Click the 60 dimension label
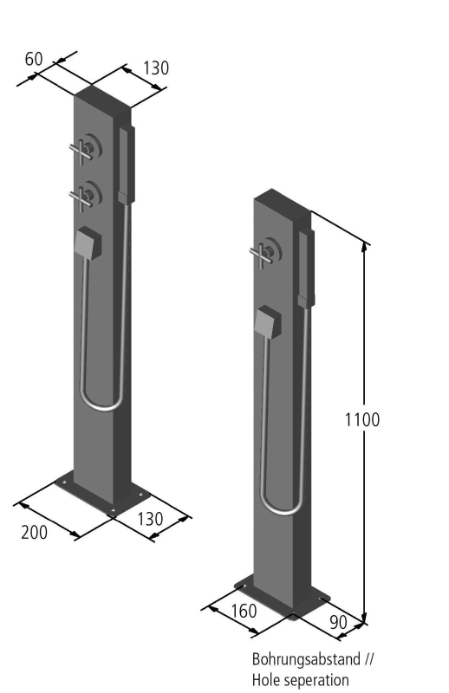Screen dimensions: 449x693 pyautogui.click(x=34, y=59)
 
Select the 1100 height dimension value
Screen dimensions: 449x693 pyautogui.click(x=361, y=419)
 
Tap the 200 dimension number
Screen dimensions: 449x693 pyautogui.click(x=34, y=532)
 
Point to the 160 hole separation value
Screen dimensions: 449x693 pyautogui.click(x=244, y=612)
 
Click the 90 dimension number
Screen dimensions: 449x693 pyautogui.click(x=338, y=622)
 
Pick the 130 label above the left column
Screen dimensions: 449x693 pyautogui.click(x=156, y=68)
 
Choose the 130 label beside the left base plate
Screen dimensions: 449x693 pyautogui.click(x=150, y=519)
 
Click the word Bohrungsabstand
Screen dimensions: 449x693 pyautogui.click(x=307, y=659)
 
